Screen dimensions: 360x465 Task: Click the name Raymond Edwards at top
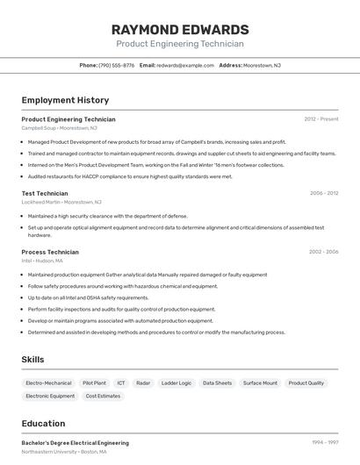coord(180,29)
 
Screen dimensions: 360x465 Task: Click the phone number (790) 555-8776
coord(117,65)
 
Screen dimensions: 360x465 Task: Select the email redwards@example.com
coord(185,65)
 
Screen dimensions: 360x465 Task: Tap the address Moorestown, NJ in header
coord(262,65)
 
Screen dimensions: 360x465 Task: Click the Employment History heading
coord(65,100)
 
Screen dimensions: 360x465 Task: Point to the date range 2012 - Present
coord(320,119)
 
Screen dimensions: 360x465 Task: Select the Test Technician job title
coord(45,193)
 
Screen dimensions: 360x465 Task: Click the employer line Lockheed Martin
coord(61,202)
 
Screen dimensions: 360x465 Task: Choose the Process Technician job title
coord(50,252)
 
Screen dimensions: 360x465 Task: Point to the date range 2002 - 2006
coord(323,252)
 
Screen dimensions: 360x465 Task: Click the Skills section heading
coord(32,360)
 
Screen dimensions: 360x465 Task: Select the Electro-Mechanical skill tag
coord(49,383)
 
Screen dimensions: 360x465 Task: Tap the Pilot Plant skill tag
coord(94,383)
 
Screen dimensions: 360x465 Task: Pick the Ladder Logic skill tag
coord(176,383)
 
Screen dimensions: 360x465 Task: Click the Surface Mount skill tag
coord(260,383)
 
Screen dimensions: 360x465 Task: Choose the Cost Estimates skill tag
coord(103,397)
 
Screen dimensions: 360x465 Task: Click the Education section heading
coord(43,424)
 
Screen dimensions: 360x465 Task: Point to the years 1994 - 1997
coord(324,444)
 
